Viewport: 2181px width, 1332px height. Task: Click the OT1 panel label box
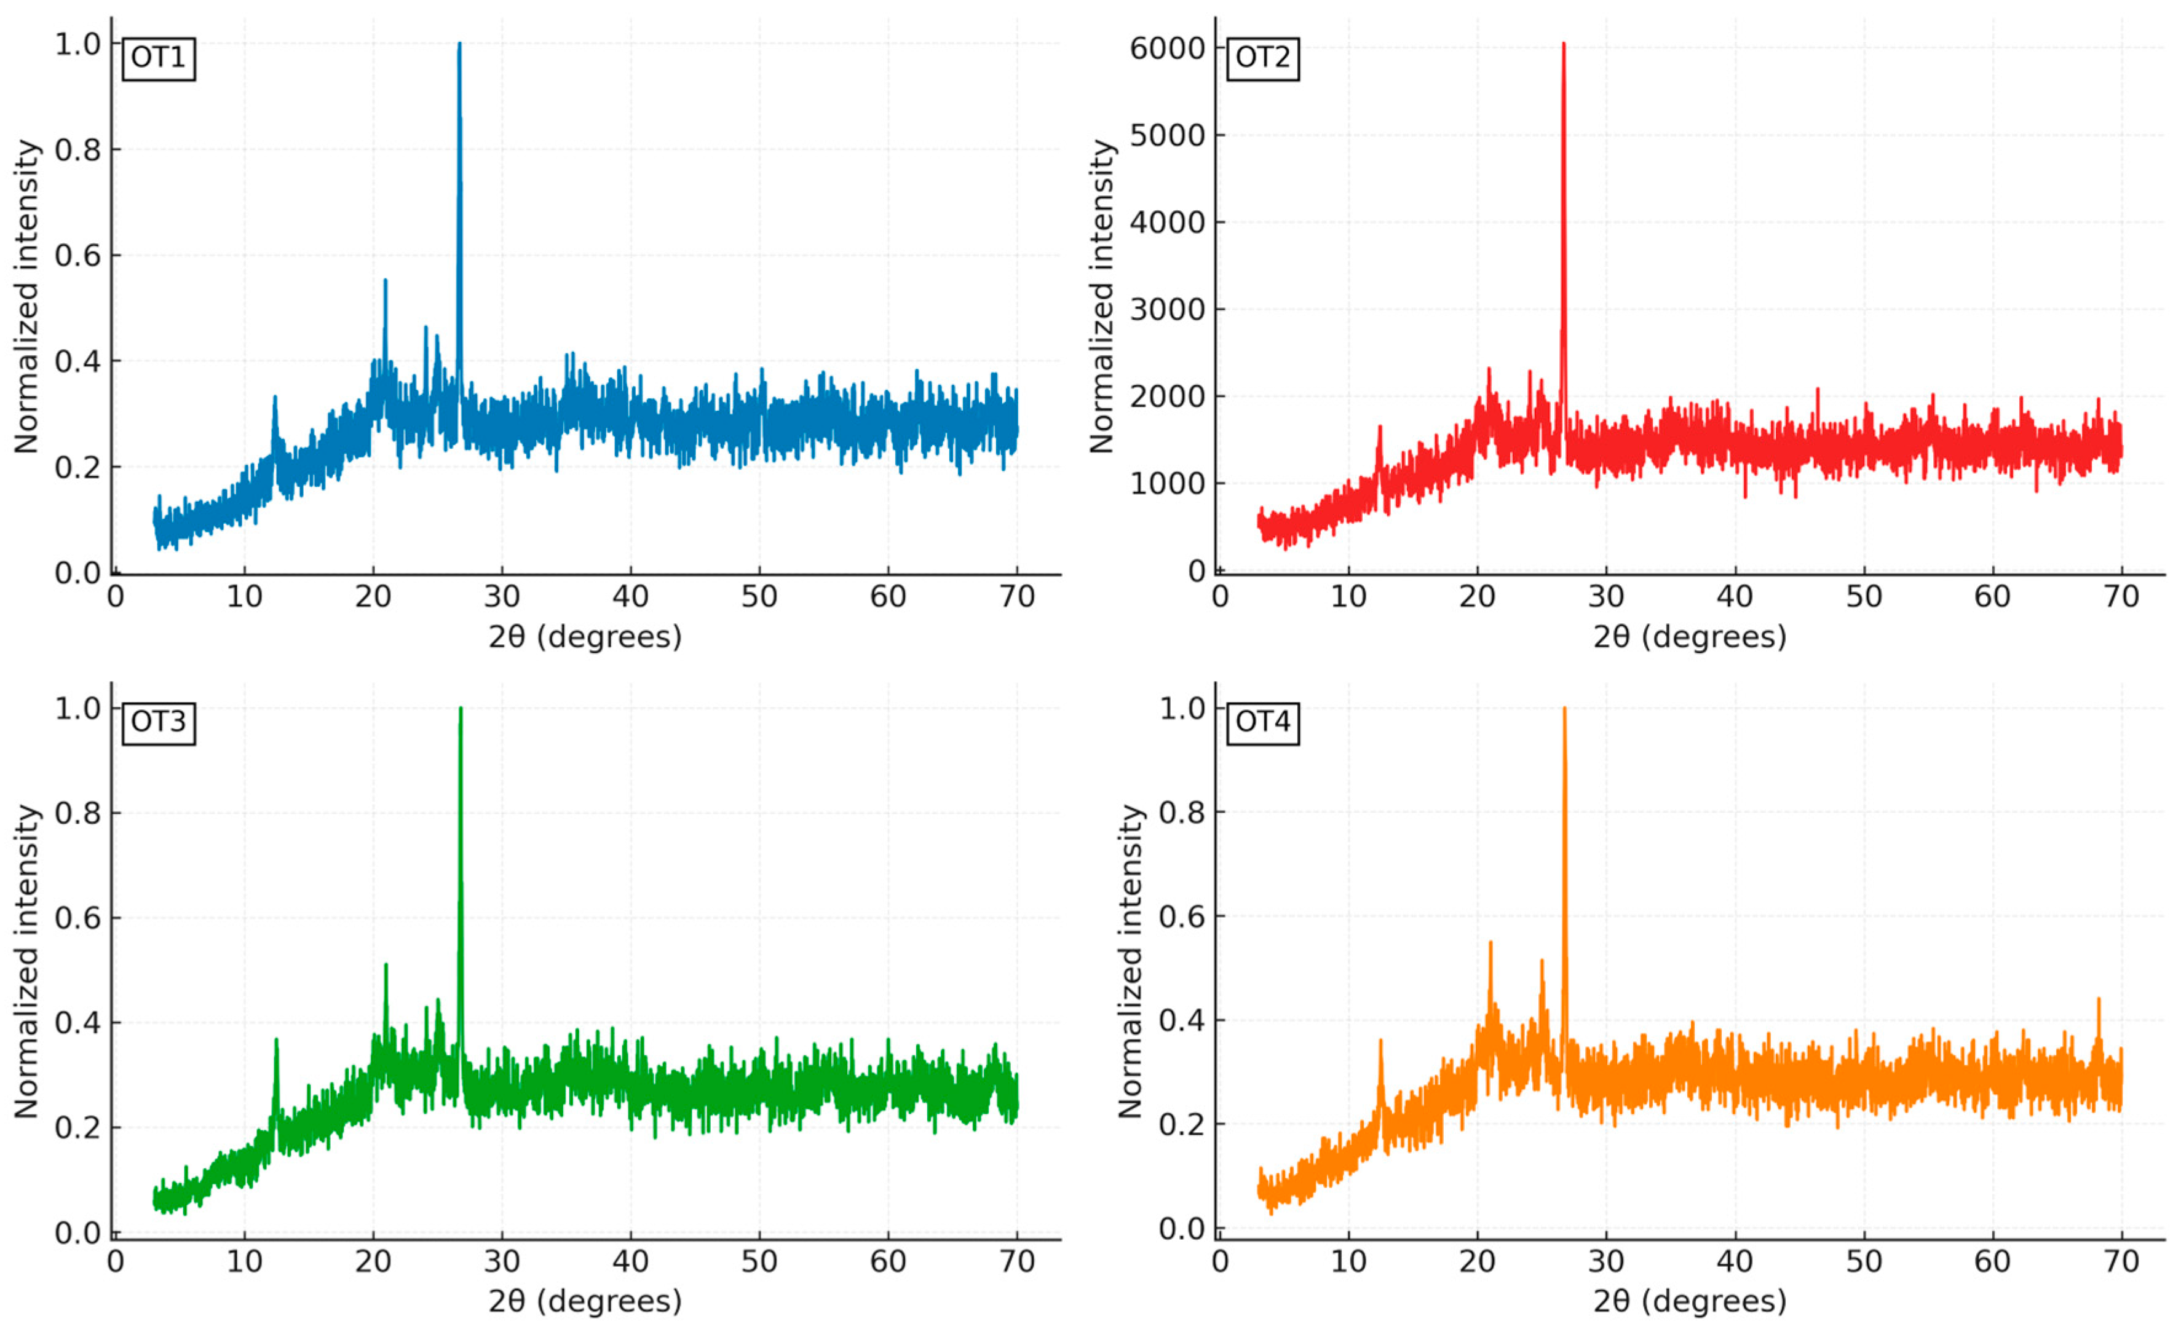(159, 58)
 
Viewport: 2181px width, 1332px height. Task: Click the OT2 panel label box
(1262, 58)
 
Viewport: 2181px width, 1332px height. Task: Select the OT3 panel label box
(159, 722)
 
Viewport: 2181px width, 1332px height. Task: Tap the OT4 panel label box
(1262, 722)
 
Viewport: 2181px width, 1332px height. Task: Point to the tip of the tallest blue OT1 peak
(459, 44)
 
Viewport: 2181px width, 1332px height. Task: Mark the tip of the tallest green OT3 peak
(461, 709)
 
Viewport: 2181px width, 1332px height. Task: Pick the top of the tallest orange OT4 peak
(1564, 709)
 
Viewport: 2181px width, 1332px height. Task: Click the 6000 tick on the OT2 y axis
(1166, 49)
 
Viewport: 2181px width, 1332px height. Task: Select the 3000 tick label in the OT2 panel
(1166, 310)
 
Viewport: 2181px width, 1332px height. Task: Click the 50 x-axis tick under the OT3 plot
(759, 1261)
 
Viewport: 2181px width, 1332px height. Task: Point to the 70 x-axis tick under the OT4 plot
(2121, 1261)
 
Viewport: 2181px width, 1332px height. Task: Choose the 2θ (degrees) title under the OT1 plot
(585, 636)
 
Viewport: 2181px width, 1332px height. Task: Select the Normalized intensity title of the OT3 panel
(26, 961)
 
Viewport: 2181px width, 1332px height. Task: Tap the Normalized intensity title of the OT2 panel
(1101, 296)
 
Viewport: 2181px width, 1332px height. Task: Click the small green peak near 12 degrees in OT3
(276, 1041)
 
